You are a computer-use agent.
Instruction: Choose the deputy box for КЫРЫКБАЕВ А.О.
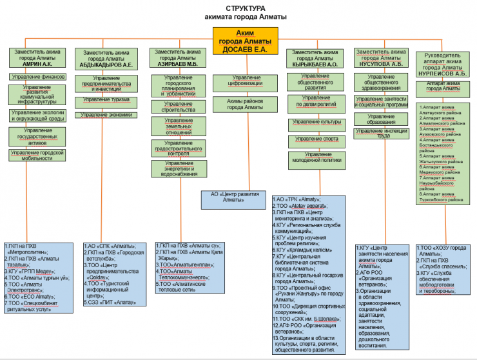click(314, 57)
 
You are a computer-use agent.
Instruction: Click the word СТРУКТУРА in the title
click(240, 8)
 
